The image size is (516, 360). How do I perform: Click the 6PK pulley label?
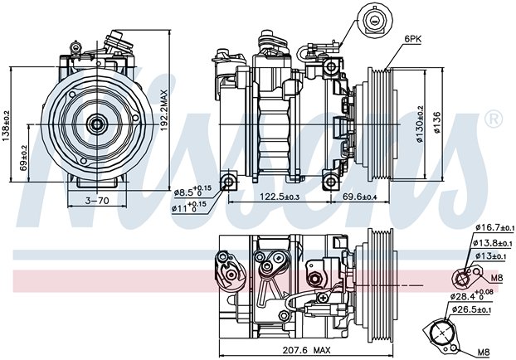pos(412,39)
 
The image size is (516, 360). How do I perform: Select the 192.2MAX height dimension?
pos(163,110)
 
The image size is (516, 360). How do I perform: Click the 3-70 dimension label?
pos(97,200)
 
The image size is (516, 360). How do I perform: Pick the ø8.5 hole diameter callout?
pos(190,191)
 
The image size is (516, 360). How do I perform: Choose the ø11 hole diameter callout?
pos(188,207)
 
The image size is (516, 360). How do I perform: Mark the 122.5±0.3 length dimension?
pos(280,197)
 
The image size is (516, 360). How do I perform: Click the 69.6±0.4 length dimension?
pos(360,197)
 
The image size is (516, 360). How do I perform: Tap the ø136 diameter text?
pos(436,123)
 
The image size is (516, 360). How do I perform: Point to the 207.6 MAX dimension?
pos(306,350)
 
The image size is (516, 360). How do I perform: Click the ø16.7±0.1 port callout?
pos(494,227)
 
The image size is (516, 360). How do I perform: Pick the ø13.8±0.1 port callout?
pos(493,243)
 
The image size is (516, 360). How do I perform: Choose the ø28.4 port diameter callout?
pos(471,295)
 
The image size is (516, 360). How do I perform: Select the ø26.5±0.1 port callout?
pos(471,309)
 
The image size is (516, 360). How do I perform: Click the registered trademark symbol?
pos(494,119)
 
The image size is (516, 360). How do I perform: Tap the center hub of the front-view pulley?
pos(97,124)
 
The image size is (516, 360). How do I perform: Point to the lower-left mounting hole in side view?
pos(228,181)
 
